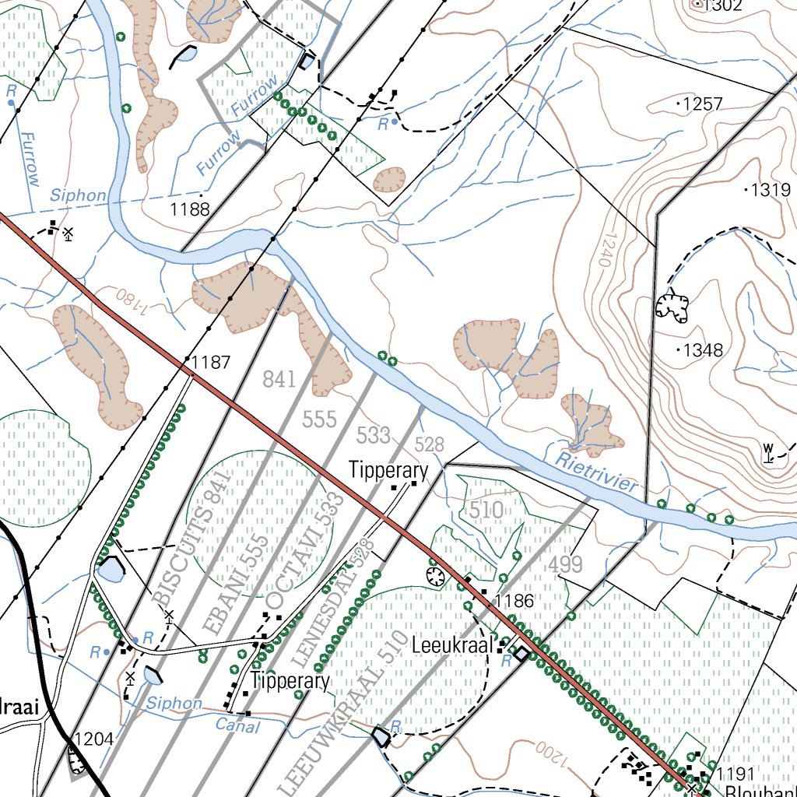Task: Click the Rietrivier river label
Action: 598,472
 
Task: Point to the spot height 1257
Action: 702,104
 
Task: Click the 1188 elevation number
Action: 190,209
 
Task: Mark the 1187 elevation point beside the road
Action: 210,362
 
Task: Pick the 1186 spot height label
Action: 514,600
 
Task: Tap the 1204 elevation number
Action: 93,739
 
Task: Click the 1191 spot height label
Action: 736,774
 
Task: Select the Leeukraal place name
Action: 452,645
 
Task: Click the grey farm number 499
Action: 565,565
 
